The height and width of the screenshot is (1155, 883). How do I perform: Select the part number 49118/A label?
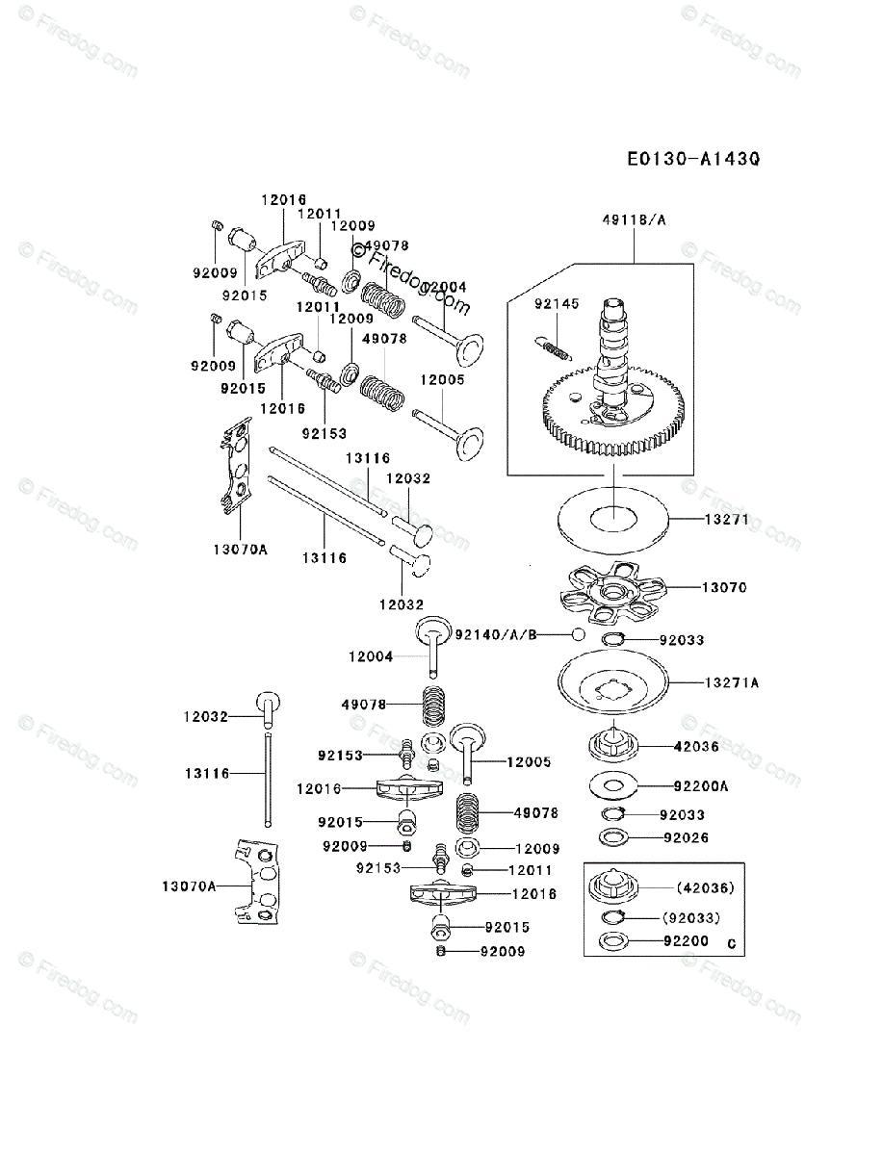click(x=634, y=220)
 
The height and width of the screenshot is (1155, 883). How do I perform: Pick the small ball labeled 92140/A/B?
click(x=578, y=634)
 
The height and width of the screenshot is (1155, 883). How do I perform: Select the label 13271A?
click(x=732, y=682)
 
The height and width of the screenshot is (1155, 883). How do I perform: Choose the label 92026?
click(x=686, y=837)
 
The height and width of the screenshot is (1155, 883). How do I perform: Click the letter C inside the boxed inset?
click(x=732, y=943)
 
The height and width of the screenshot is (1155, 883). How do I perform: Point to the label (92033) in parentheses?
click(x=690, y=918)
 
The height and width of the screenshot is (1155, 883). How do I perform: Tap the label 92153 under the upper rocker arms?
click(x=324, y=434)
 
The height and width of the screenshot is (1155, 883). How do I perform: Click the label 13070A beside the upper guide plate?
click(x=241, y=550)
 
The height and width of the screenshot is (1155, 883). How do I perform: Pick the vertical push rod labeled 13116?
click(x=266, y=780)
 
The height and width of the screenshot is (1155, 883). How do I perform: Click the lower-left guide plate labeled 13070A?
click(x=258, y=880)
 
